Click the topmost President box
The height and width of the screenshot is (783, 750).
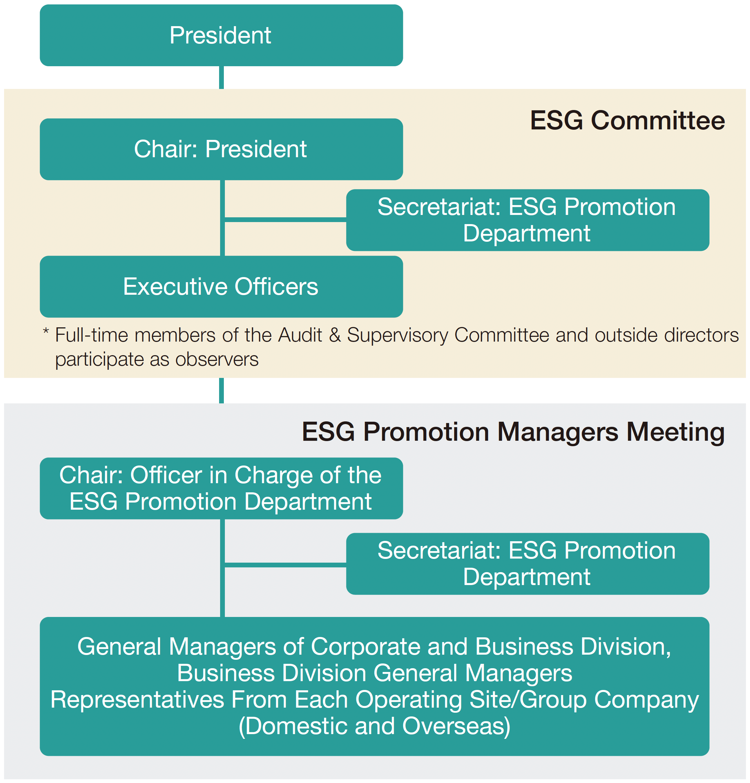click(x=221, y=35)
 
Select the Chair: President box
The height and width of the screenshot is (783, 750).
click(x=221, y=149)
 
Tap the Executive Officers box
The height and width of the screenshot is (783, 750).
click(x=221, y=287)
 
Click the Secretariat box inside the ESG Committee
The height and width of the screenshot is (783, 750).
click(x=528, y=220)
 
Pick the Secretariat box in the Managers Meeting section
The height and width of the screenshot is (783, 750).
click(x=528, y=564)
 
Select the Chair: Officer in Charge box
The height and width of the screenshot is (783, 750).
click(x=221, y=488)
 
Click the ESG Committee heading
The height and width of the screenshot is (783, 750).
click(x=627, y=120)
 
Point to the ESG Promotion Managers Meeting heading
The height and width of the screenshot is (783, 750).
click(x=513, y=432)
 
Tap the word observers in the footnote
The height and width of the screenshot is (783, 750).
click(x=217, y=359)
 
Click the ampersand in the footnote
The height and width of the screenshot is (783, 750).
click(x=335, y=335)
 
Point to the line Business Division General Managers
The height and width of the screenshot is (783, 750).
click(x=374, y=673)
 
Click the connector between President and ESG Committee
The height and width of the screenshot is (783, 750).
click(x=221, y=77)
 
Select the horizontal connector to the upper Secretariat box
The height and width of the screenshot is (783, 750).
click(x=285, y=220)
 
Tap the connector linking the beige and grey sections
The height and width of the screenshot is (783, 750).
click(x=221, y=390)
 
